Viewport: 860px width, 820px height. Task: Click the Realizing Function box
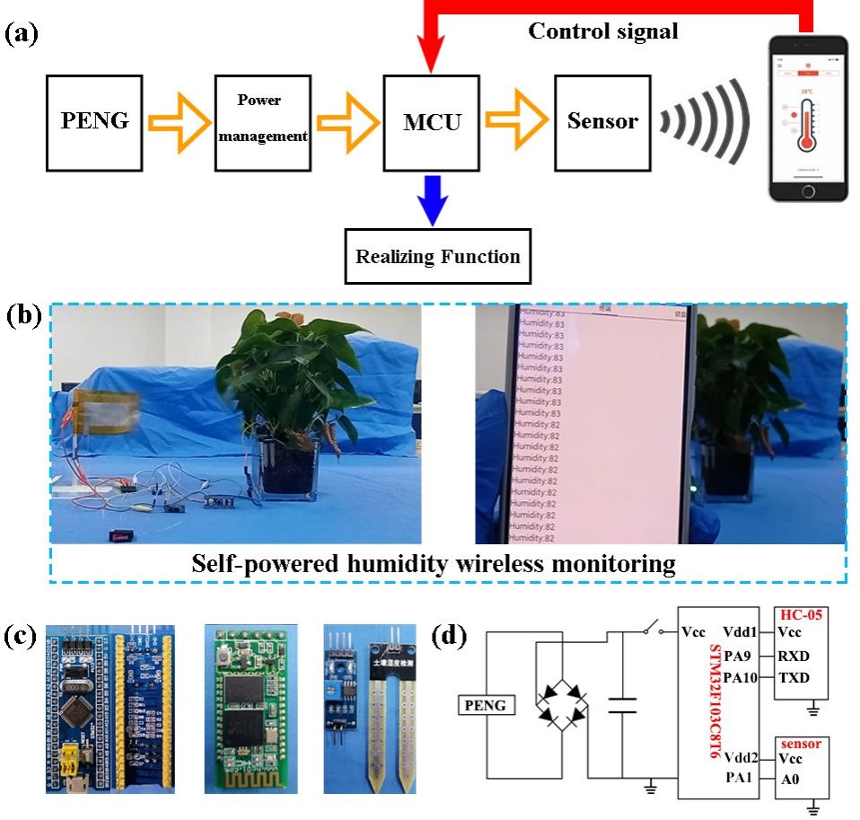[x=438, y=257]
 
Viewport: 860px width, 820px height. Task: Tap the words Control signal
[x=602, y=32]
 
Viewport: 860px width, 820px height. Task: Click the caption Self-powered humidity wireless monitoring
[x=433, y=565]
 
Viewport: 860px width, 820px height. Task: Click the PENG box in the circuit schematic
[x=487, y=706]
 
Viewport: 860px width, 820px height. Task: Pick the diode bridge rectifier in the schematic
[x=562, y=704]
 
